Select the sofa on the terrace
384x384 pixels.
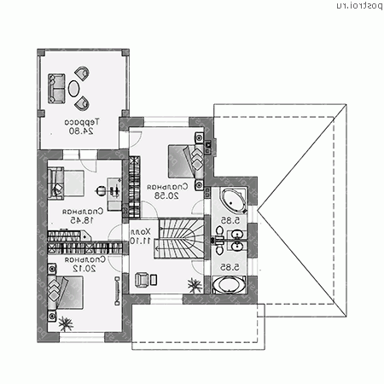coord(56,86)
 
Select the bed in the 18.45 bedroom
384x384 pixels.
coord(66,182)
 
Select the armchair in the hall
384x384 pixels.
coord(142,278)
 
